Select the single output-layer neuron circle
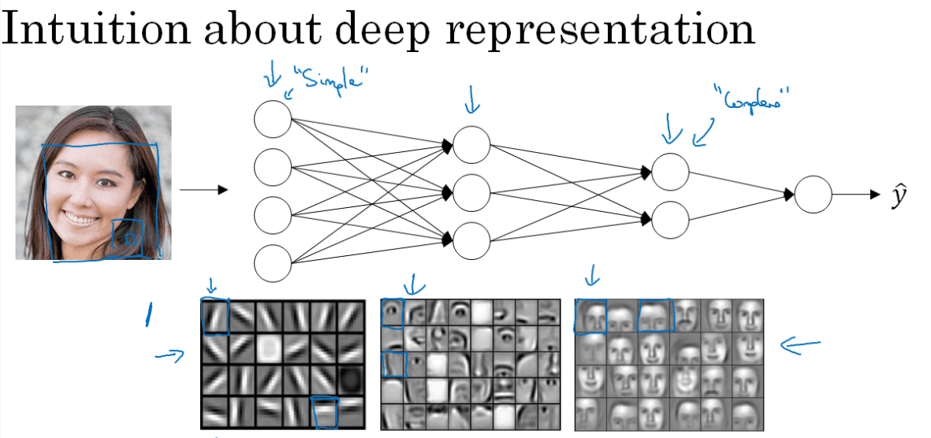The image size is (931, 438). (813, 194)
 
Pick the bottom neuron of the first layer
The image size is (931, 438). (273, 263)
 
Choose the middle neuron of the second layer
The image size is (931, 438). (471, 191)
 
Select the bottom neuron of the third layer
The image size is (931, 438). (670, 220)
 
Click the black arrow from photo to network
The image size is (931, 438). (203, 190)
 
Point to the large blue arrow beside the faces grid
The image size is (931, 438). (799, 344)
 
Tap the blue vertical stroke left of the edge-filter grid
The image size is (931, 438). (147, 315)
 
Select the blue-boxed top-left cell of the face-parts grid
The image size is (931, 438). (392, 314)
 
